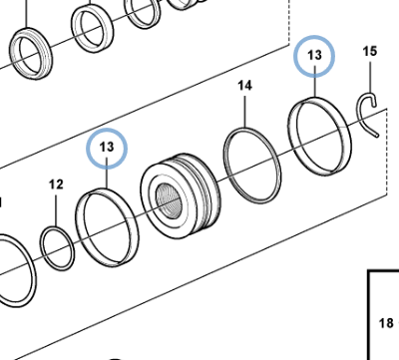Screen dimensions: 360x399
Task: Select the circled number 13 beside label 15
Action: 315,59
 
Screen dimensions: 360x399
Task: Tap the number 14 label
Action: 245,88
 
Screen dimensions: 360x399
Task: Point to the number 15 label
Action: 369,51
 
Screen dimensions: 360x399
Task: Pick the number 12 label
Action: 56,184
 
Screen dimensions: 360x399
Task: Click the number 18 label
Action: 386,323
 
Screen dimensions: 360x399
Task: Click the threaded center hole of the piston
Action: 168,205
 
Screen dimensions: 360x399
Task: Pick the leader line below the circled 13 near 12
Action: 108,177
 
